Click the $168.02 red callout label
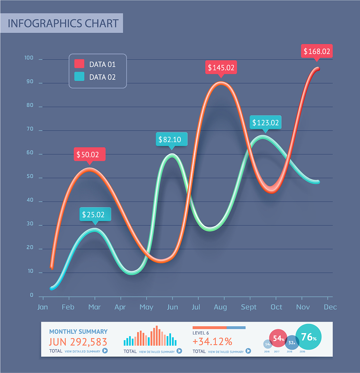pos(317,51)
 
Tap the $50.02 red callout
pos(90,155)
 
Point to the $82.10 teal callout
pos(172,139)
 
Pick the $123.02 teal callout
pos(266,123)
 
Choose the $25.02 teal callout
pos(95,214)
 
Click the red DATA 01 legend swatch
pos(79,64)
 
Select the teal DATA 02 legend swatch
pos(79,77)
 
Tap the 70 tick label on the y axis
pos(30,129)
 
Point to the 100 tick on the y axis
pos(29,58)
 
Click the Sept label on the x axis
pos(249,307)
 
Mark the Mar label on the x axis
pos(94,307)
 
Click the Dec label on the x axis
pos(330,307)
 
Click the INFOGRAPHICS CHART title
pos(63,23)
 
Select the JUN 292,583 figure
pos(78,342)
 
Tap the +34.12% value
pos(212,341)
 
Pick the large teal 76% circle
pos(308,337)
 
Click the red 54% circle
pos(278,338)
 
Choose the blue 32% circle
pos(292,343)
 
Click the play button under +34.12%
pos(248,351)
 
